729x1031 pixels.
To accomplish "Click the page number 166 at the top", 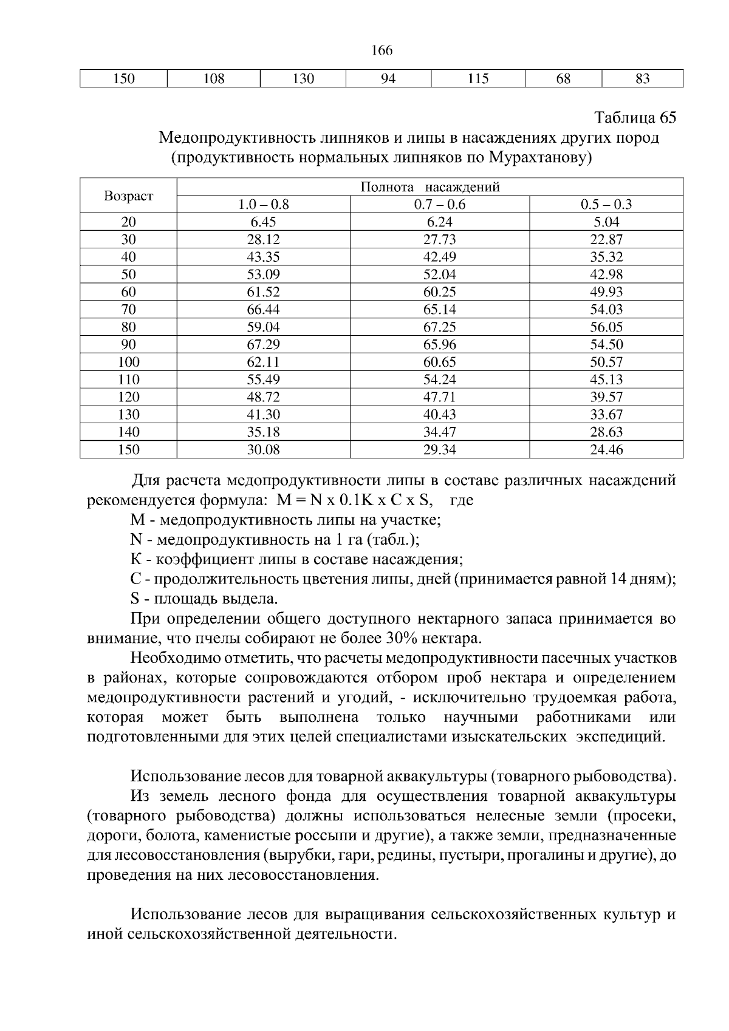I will tap(382, 50).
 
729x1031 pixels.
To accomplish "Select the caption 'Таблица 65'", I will tap(635, 117).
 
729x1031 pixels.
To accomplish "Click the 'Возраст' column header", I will tap(128, 196).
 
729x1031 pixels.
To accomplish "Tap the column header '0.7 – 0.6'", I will tap(439, 205).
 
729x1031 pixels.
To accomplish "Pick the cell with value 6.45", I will tap(263, 222).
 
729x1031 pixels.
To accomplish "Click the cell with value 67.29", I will tap(263, 345).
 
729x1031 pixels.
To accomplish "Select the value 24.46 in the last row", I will tap(606, 450).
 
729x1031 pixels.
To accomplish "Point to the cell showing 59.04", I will tap(263, 327).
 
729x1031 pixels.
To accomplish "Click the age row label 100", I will tap(128, 362).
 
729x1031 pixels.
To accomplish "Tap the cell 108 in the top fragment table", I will tap(213, 79).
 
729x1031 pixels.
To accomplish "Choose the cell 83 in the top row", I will tap(642, 79).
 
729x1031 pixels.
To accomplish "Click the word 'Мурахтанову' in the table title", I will tap(538, 158).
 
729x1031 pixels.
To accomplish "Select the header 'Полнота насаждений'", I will tap(430, 187).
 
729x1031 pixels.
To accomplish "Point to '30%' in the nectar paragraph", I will tap(400, 639).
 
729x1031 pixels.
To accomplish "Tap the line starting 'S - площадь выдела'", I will tap(204, 599).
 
